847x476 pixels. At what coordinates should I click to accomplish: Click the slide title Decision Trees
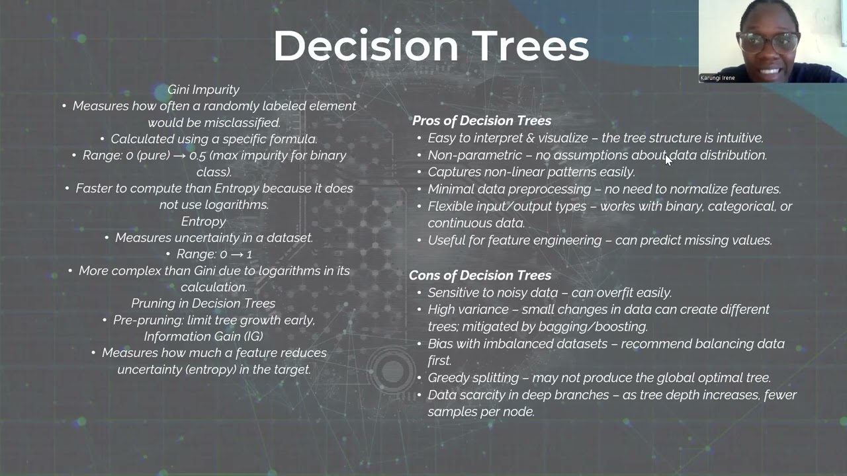[431, 46]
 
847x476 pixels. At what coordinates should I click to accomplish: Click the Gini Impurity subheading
[203, 89]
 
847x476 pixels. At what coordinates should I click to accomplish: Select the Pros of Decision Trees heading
[481, 120]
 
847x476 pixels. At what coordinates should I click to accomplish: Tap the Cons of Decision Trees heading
[480, 275]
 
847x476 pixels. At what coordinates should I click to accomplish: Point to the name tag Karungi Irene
[718, 78]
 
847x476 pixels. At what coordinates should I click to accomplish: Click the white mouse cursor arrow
[668, 159]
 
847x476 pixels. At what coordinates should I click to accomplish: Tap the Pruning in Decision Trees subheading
[203, 303]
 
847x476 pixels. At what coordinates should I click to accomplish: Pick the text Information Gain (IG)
[203, 336]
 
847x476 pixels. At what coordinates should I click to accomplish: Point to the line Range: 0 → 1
[214, 254]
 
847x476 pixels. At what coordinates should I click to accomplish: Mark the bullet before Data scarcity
[419, 395]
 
